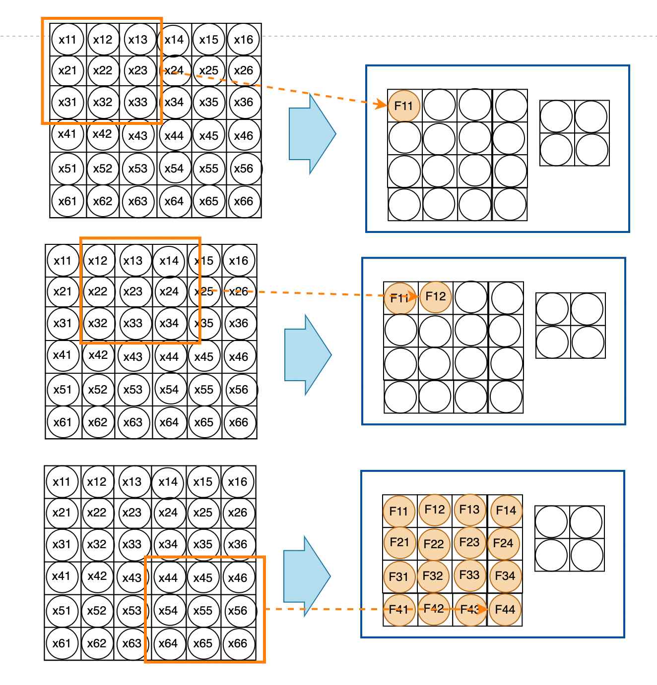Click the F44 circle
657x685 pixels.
505,609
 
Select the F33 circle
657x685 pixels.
469,575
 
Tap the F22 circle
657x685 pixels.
434,544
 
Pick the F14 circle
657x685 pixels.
506,510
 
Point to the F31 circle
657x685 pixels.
398,576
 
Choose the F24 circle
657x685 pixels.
503,543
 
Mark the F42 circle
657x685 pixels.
434,608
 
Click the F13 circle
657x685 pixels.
469,510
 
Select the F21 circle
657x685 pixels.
399,542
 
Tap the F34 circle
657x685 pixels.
505,576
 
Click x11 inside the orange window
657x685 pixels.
67,39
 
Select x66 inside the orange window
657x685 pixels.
238,643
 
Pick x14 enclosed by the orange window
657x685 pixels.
169,261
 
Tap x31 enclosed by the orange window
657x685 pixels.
67,102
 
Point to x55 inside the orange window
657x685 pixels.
202,611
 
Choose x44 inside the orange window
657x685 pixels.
168,577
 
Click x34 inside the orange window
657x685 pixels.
169,323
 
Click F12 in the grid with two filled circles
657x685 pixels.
436,296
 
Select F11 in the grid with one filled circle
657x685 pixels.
403,106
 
